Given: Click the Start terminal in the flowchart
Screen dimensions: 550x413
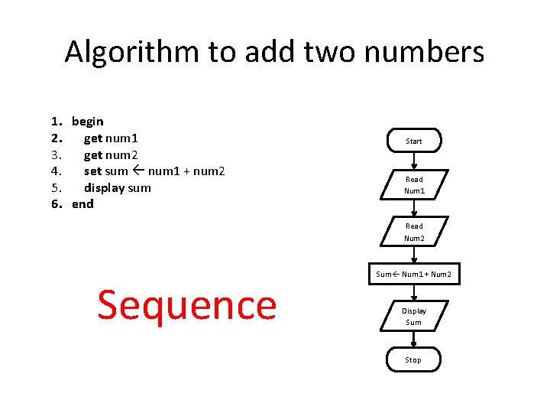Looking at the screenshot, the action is tap(413, 141).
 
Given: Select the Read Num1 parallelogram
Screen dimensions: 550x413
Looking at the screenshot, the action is tap(413, 185).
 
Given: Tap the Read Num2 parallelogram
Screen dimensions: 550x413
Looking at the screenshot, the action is tap(413, 232).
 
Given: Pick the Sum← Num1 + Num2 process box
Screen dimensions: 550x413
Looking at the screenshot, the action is tap(413, 274).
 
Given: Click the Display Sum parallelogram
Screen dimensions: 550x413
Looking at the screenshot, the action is tap(413, 316).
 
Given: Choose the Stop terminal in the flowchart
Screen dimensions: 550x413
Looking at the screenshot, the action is tap(413, 359).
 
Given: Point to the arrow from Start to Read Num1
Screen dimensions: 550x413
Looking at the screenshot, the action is tap(413, 161).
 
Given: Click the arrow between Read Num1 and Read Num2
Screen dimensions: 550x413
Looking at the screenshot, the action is tap(413, 208).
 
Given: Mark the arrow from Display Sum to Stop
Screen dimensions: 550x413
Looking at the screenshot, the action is tap(413, 339).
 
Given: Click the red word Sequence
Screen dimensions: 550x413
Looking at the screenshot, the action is tap(186, 305).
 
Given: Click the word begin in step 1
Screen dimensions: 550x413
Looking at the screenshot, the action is tap(88, 121).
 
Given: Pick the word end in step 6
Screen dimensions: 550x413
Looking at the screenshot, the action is tap(82, 203).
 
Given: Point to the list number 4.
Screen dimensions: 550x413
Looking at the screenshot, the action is tap(55, 171).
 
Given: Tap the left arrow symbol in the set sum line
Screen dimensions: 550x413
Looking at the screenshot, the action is tap(138, 171).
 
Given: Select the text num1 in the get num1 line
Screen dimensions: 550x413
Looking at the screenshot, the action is tap(121, 138).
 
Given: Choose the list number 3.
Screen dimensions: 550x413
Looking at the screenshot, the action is tap(55, 154).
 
